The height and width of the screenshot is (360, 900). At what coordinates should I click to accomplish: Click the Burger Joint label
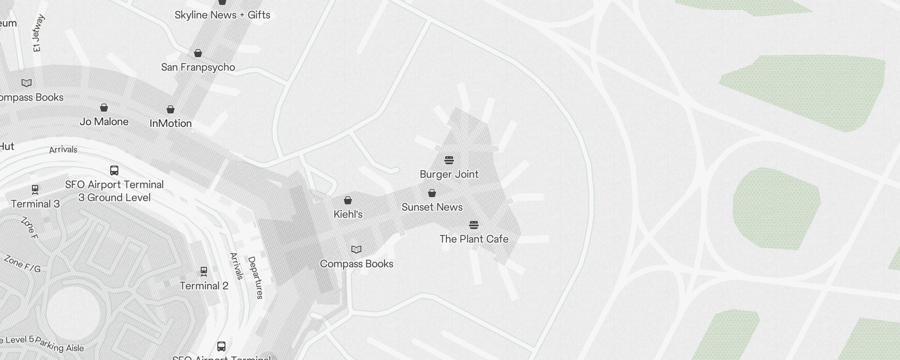click(x=449, y=174)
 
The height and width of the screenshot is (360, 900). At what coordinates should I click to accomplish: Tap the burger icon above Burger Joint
click(x=449, y=160)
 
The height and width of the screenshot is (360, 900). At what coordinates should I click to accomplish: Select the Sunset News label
click(x=432, y=207)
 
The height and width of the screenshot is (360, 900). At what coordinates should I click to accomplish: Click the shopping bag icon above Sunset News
click(x=432, y=193)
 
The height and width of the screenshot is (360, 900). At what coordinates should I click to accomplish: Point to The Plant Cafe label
click(x=474, y=239)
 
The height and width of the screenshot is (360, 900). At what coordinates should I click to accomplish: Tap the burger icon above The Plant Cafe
click(x=474, y=225)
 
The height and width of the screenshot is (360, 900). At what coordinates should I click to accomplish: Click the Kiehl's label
click(x=348, y=214)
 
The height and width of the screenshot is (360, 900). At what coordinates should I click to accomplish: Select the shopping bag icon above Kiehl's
click(x=348, y=200)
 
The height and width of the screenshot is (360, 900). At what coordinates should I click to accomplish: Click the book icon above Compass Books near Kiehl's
click(x=356, y=249)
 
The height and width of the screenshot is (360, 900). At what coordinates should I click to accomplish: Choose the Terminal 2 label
click(x=204, y=286)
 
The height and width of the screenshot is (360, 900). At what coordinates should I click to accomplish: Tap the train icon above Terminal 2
click(x=204, y=271)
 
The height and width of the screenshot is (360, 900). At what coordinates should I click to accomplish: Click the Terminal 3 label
click(x=35, y=204)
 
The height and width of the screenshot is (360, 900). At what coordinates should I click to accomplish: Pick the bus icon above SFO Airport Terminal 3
click(x=114, y=171)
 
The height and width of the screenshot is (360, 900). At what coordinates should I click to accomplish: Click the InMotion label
click(x=171, y=123)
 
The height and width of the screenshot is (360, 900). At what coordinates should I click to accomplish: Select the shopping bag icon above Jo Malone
click(x=104, y=108)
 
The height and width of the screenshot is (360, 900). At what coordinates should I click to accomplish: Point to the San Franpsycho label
click(x=198, y=67)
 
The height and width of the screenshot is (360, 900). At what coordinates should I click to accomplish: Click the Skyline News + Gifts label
click(x=222, y=15)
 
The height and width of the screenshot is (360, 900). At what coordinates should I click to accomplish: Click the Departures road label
click(x=255, y=278)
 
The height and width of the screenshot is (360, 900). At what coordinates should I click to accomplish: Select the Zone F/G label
click(x=22, y=264)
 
